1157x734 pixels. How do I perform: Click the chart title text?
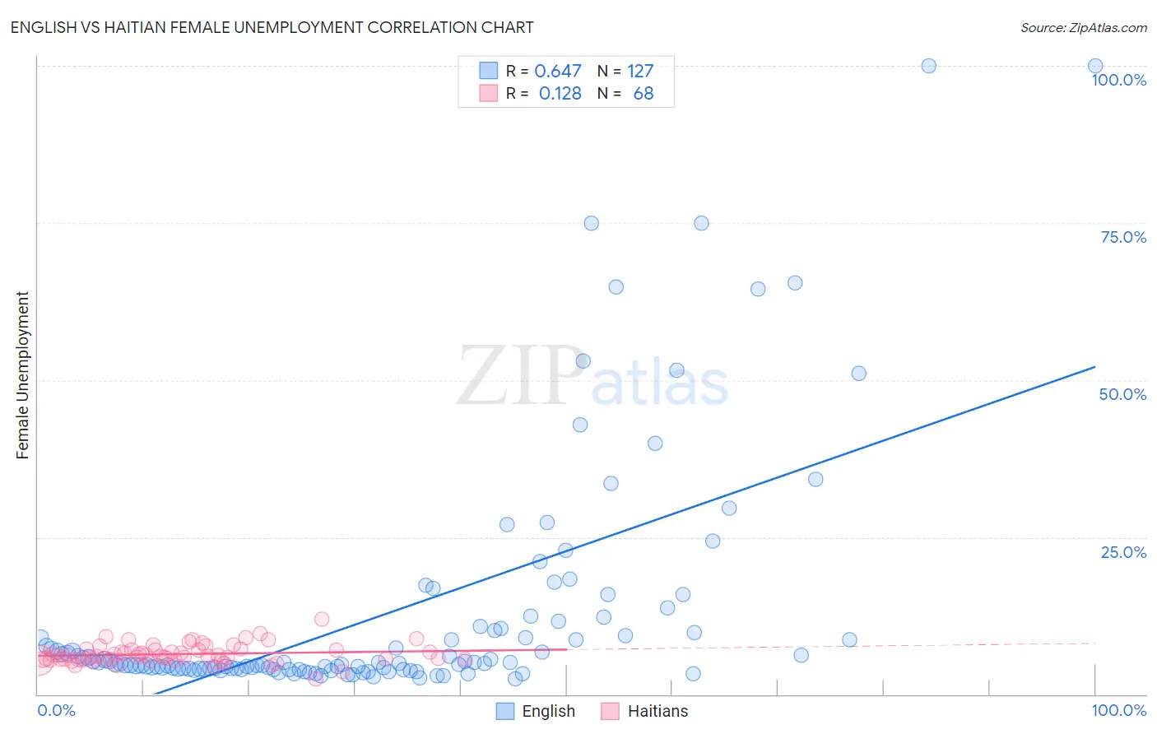click(272, 27)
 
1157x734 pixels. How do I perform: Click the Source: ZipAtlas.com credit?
click(1083, 27)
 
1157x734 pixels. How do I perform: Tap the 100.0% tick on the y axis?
click(1118, 80)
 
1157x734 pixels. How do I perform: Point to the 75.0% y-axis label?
click(1123, 237)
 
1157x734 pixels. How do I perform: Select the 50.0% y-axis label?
click(1122, 394)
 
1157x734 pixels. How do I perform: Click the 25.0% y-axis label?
click(1123, 551)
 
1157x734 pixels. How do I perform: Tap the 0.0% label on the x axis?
click(56, 710)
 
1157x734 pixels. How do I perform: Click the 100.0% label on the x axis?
click(1118, 710)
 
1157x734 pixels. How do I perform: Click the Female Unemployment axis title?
click(22, 375)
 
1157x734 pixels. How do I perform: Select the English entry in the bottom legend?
click(547, 711)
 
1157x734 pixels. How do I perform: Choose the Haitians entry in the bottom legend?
click(657, 711)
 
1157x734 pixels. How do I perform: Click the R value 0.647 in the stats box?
click(557, 72)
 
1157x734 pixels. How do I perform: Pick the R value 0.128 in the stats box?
click(560, 94)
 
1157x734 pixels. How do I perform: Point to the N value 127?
click(640, 72)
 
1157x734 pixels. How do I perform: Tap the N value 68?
click(643, 94)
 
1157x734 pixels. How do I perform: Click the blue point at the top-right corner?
click(1095, 66)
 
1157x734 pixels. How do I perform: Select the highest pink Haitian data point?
click(322, 619)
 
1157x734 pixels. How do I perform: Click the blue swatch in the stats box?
click(489, 71)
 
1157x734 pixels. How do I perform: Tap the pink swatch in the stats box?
click(489, 93)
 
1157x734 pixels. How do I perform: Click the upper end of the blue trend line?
click(1094, 367)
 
